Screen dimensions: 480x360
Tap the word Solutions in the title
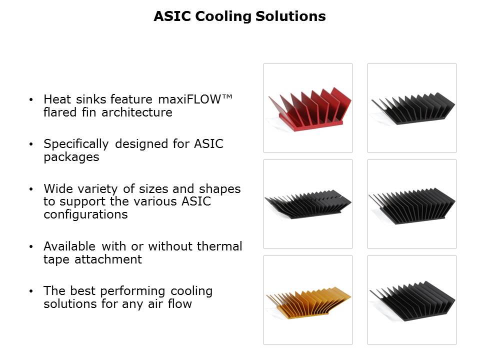click(x=290, y=16)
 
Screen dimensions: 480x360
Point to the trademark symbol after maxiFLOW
click(x=227, y=96)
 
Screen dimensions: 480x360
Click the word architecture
click(x=137, y=112)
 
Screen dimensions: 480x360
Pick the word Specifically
click(x=76, y=144)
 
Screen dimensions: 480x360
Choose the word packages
click(x=71, y=157)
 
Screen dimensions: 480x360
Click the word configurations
click(x=85, y=214)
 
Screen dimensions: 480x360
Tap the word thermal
click(x=219, y=246)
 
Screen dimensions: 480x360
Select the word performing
click(x=132, y=291)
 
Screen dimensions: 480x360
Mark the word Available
click(x=69, y=246)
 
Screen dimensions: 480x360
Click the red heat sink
click(x=309, y=109)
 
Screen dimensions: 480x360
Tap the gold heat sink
click(x=308, y=302)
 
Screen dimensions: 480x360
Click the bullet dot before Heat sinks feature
click(x=30, y=99)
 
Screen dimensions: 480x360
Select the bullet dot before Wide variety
click(x=30, y=189)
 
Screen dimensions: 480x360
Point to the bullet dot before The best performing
click(x=30, y=291)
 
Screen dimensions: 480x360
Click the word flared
click(x=60, y=112)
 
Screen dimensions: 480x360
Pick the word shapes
click(x=220, y=189)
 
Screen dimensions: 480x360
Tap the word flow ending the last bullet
click(x=179, y=304)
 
